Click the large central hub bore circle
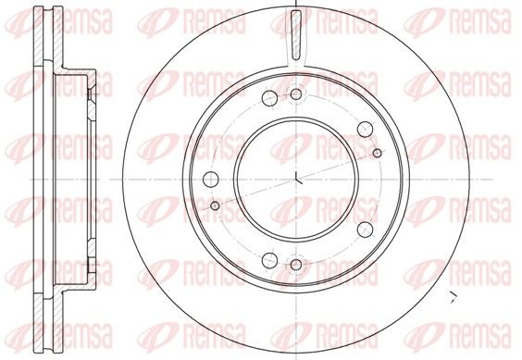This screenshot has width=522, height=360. click(235, 180)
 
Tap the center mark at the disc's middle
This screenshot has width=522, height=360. click(298, 180)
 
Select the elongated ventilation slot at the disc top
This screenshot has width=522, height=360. click(295, 34)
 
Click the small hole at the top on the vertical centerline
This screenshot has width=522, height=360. click(296, 94)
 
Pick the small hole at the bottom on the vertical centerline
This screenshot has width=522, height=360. click(296, 265)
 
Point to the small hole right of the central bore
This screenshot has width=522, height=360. click(377, 154)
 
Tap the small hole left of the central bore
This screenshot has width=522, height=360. click(215, 205)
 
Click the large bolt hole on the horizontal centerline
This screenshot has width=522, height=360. click(211, 180)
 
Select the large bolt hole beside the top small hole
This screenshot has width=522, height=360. click(269, 98)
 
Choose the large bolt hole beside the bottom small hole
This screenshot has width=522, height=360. click(269, 260)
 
